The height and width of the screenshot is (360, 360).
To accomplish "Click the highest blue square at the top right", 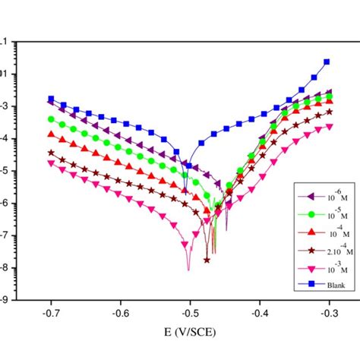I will click(327, 62).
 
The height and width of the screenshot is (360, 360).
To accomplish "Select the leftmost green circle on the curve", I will click(51, 119).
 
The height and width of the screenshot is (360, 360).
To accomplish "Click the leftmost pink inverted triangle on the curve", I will click(51, 163).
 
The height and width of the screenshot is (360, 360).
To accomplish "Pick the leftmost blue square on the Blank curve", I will click(51, 99).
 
